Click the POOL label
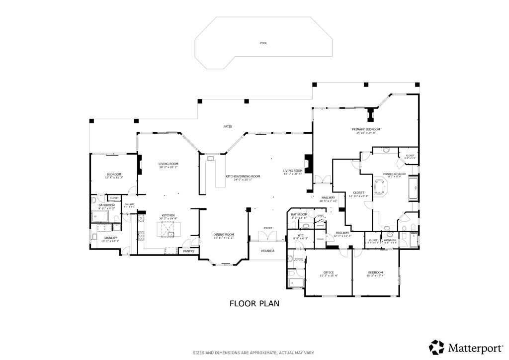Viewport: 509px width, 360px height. click(x=263, y=43)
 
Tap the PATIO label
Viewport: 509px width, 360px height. click(x=228, y=127)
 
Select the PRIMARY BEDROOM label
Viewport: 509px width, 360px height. click(x=368, y=129)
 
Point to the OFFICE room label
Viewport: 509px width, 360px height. click(x=328, y=272)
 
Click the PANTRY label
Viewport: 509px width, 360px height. click(x=188, y=251)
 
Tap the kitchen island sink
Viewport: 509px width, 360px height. click(x=168, y=229)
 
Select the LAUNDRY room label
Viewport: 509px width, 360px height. click(x=110, y=238)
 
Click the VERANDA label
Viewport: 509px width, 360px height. click(x=268, y=251)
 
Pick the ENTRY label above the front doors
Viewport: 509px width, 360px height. click(x=268, y=228)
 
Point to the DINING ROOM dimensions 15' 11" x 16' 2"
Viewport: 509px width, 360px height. click(x=224, y=238)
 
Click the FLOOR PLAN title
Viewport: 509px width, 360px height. click(x=254, y=303)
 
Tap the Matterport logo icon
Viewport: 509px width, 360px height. click(x=436, y=347)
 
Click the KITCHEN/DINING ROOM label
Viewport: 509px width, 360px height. click(x=243, y=177)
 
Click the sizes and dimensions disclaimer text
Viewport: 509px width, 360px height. click(x=254, y=353)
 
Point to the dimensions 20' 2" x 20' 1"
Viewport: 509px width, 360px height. click(x=169, y=168)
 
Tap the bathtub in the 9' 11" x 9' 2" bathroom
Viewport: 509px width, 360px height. click(x=100, y=216)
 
